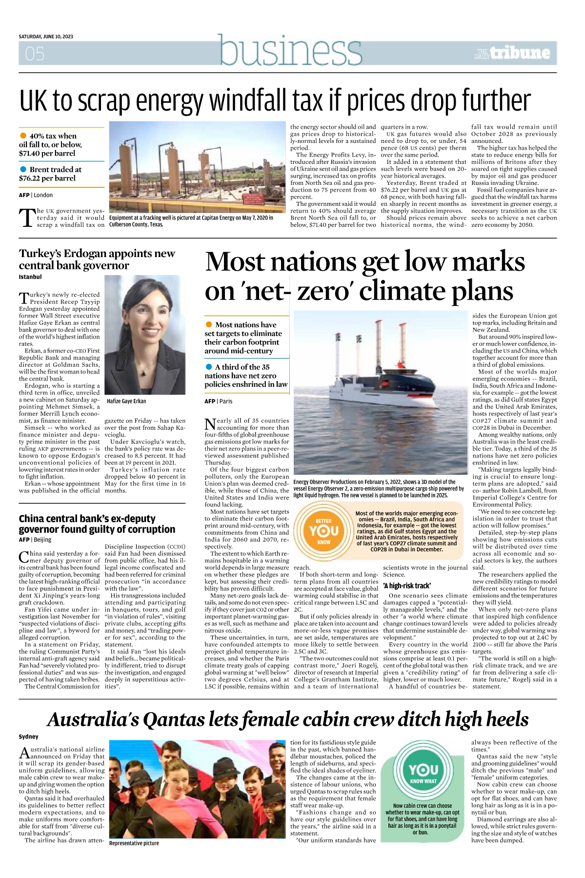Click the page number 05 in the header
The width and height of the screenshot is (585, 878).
point(35,54)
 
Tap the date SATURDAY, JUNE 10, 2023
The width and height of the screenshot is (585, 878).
point(46,37)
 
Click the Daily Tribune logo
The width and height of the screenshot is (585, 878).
point(513,53)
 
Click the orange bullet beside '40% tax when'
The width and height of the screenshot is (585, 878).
point(23,136)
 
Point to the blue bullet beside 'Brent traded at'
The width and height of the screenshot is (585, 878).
point(23,169)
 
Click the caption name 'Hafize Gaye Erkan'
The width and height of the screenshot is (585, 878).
point(126,401)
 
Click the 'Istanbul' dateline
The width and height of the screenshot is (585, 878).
point(30,277)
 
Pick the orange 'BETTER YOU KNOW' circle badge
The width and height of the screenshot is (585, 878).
point(324,532)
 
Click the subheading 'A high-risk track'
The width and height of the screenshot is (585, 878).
point(407,586)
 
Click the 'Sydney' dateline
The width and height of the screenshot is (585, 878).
point(28,737)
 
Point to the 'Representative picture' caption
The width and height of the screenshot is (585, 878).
point(134,843)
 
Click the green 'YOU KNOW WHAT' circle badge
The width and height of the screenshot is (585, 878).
point(424,773)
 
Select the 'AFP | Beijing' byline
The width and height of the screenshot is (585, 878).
point(35,539)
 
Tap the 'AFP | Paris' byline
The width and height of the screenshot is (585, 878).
point(219,401)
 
